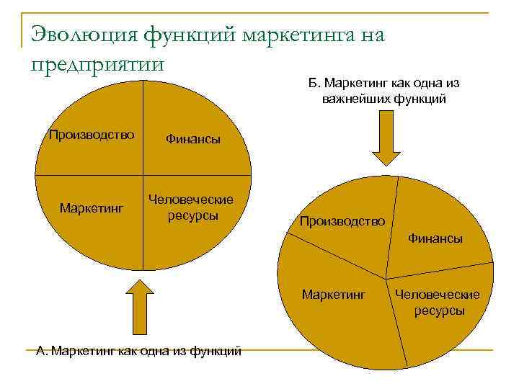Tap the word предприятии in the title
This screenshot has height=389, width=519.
(99, 63)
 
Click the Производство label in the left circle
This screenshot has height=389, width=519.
(92, 134)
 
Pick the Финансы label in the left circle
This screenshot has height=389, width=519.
(193, 139)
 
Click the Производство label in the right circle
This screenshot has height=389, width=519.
(343, 220)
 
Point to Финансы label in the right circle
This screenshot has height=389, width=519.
(435, 238)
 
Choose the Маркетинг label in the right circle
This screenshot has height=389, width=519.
(334, 295)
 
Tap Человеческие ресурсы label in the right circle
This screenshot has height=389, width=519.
(439, 303)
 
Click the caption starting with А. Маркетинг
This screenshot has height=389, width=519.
(139, 351)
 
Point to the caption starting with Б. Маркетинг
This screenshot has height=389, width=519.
(384, 91)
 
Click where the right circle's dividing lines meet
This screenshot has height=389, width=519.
(386, 277)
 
